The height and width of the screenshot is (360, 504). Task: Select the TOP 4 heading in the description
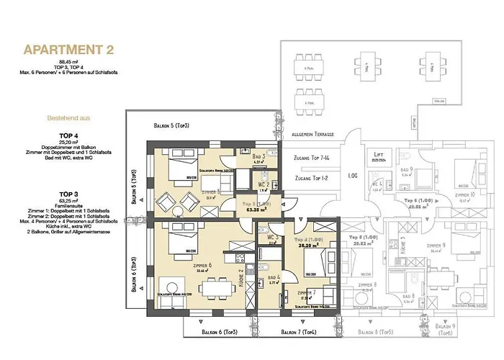[70, 136]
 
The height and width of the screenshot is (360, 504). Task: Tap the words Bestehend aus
[70, 116]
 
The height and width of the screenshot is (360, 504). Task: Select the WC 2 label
[264, 184]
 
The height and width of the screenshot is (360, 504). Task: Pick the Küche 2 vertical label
[240, 276]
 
